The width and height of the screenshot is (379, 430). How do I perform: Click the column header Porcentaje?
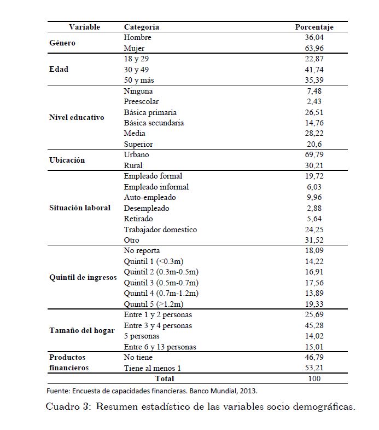click(314, 27)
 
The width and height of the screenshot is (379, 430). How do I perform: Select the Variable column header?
click(84, 27)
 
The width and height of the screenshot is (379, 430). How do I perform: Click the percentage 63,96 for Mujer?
click(314, 48)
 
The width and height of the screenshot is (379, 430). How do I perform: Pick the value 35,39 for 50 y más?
click(314, 80)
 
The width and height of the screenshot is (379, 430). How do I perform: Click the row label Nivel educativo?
click(77, 117)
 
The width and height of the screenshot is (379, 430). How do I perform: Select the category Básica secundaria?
click(154, 123)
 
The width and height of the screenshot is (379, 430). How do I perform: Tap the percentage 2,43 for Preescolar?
click(316, 101)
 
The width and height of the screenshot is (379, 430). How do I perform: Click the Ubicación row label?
click(67, 160)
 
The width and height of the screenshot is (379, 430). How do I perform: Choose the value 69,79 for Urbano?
click(314, 155)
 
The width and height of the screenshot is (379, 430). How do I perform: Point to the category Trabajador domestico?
click(160, 230)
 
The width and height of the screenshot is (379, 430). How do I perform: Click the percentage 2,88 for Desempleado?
click(316, 208)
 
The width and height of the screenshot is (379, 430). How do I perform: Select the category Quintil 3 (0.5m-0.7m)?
click(161, 283)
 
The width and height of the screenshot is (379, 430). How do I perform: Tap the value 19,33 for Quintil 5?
click(314, 304)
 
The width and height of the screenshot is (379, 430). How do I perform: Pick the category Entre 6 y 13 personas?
click(160, 347)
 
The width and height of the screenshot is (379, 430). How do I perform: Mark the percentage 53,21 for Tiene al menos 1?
click(314, 368)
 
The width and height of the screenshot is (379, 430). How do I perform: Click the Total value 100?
click(314, 379)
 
